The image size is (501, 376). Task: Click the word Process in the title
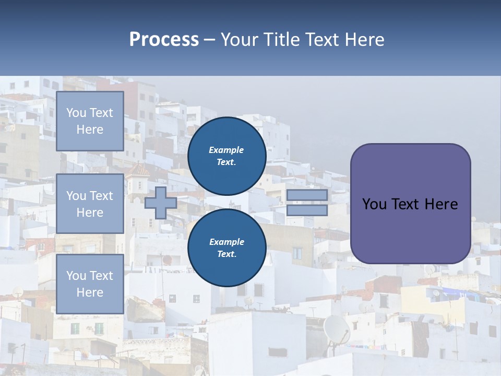click(164, 40)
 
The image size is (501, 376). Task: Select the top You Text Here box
click(90, 121)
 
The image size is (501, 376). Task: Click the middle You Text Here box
click(90, 204)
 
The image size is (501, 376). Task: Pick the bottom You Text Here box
click(90, 284)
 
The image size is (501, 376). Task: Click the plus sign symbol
click(161, 203)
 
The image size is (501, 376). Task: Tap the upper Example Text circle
click(226, 156)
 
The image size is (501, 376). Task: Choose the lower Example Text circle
click(226, 248)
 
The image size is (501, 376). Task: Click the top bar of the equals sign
click(307, 195)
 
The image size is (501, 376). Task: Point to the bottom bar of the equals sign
click(307, 210)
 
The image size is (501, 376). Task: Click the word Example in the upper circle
click(226, 150)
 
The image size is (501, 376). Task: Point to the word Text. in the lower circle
click(226, 254)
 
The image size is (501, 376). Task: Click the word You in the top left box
click(76, 113)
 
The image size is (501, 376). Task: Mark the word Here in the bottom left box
click(90, 292)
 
